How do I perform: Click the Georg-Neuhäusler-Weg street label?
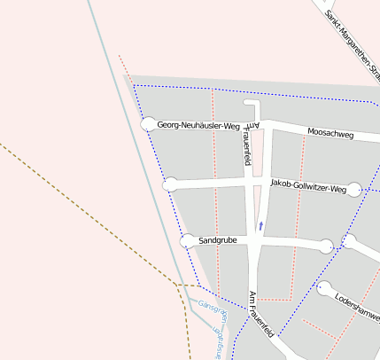coord(198,126)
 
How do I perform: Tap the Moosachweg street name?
coord(330,134)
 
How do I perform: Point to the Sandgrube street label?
coord(218,240)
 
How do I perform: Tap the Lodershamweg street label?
coord(357,306)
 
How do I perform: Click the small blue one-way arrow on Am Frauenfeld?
coord(261,225)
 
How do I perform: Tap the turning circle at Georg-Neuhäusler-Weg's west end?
coord(149,125)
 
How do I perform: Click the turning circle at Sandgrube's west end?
coord(187,240)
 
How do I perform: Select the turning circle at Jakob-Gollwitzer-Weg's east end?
coord(354,189)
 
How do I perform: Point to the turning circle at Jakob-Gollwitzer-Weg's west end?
coord(170,184)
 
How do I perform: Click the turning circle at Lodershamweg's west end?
coord(324,287)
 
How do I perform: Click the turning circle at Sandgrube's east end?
coord(327,246)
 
